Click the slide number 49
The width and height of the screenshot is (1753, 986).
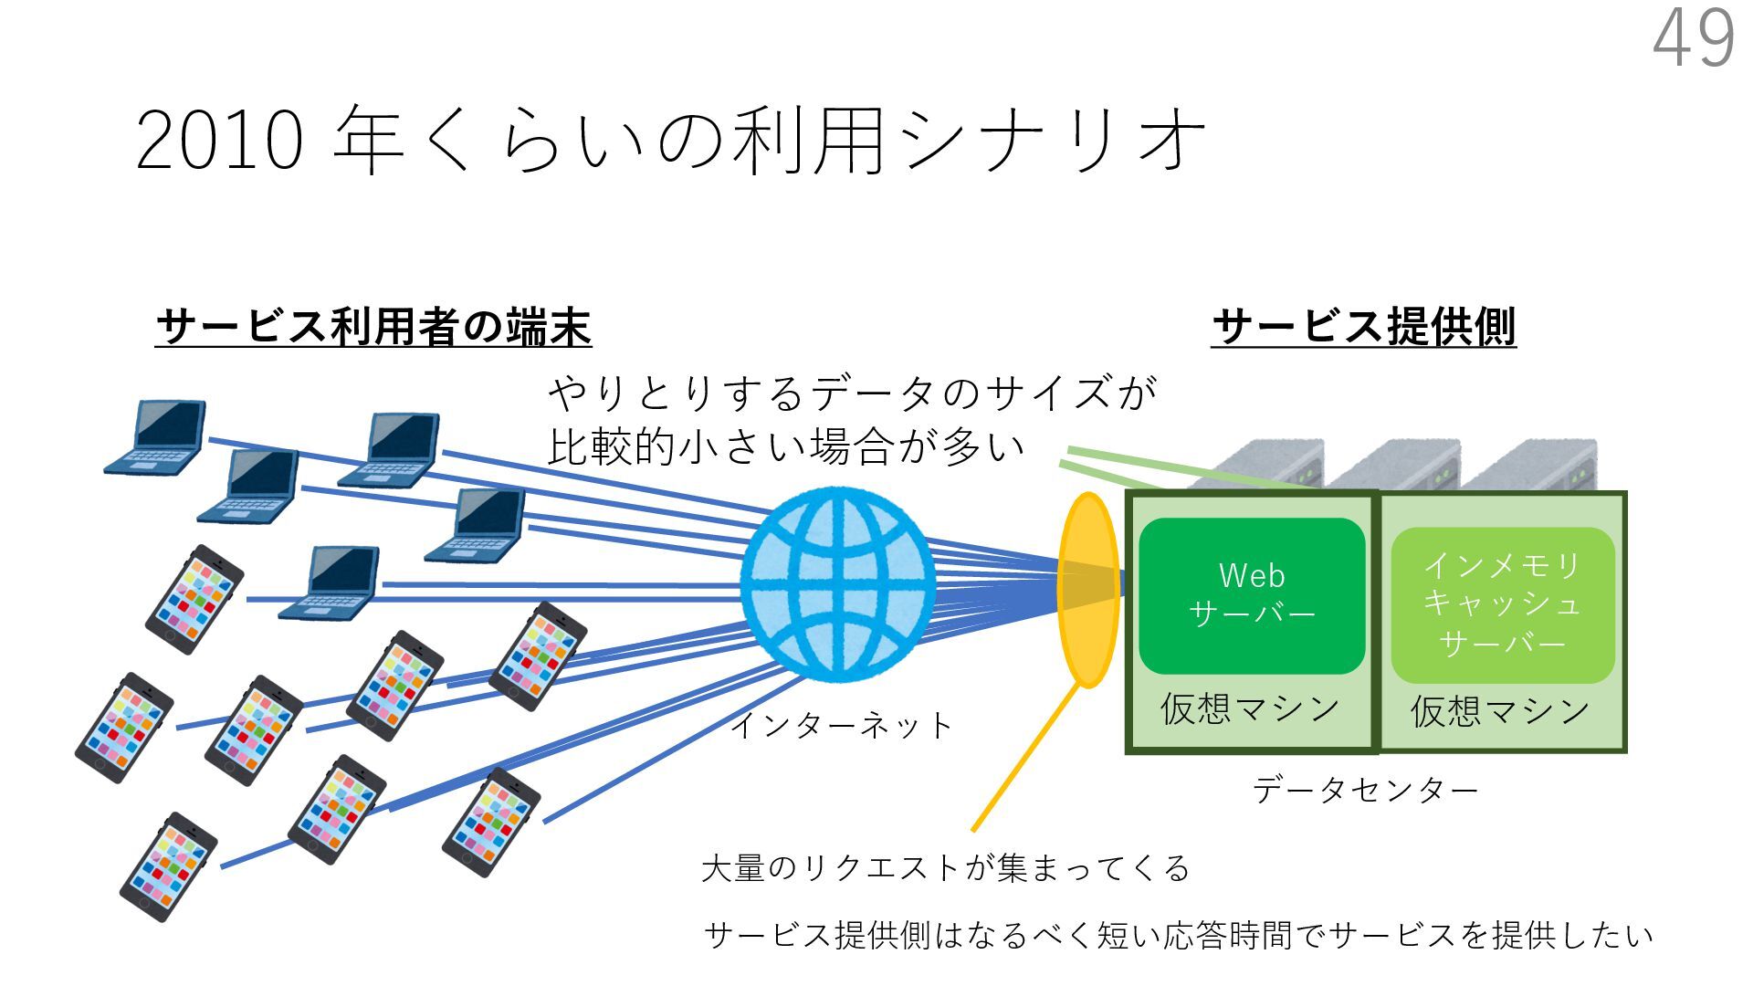1694,38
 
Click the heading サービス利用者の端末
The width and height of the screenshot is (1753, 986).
373,327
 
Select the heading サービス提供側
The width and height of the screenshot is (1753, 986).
1363,327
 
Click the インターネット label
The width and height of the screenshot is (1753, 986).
841,726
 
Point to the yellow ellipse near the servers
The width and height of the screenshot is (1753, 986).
1087,589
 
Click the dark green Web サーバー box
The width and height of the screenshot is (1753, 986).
1252,595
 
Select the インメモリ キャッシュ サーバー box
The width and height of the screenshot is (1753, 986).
1502,604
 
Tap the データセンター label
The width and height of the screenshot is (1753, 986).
1364,790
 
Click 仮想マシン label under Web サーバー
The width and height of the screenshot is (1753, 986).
1250,709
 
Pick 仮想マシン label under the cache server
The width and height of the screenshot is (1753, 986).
1500,711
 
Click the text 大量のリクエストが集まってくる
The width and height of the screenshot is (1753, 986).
945,867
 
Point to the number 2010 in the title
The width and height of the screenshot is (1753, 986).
219,142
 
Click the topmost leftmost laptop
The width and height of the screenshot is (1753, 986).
157,437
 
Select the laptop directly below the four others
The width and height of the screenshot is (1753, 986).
331,582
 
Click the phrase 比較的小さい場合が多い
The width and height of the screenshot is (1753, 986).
785,447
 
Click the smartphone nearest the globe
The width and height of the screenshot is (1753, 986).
538,656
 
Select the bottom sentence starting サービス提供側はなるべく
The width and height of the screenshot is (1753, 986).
1178,936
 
